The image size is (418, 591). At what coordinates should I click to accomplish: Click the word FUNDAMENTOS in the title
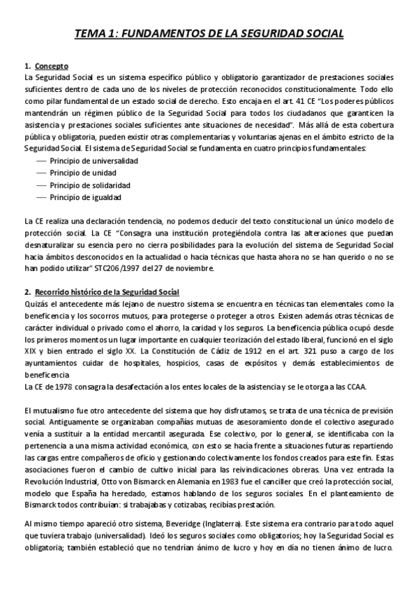coord(167,33)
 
